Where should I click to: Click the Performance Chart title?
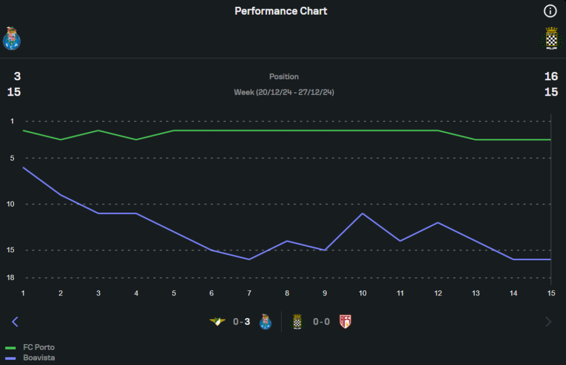(x=281, y=11)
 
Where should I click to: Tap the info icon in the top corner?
(x=550, y=11)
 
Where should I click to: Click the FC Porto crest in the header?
(x=11, y=38)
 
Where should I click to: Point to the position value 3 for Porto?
(x=17, y=76)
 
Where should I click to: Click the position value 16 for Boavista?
(x=551, y=76)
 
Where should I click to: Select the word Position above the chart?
(x=284, y=76)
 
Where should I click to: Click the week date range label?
(x=284, y=92)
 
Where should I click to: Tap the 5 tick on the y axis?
(x=12, y=158)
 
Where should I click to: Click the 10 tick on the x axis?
(x=362, y=293)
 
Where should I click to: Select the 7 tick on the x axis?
(x=249, y=293)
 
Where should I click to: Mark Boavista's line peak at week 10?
(x=362, y=213)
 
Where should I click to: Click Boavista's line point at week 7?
(x=249, y=259)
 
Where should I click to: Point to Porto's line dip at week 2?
(x=61, y=139)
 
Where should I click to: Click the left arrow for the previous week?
(x=15, y=322)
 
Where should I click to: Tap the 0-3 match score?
(x=242, y=322)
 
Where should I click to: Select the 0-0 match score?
(x=321, y=322)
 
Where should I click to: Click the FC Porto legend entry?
(x=38, y=347)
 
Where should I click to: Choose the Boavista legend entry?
(x=38, y=358)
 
